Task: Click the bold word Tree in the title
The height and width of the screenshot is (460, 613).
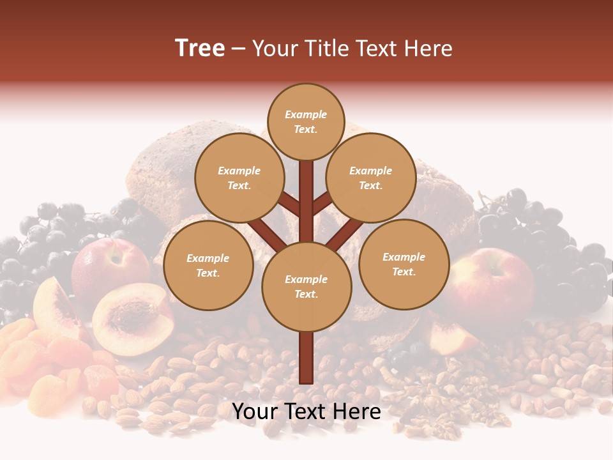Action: coord(200,49)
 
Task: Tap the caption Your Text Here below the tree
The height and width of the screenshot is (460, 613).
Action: coord(306,411)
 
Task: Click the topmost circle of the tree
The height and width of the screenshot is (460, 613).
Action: coord(306,121)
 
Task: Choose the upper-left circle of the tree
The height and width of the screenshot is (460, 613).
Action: coord(239,178)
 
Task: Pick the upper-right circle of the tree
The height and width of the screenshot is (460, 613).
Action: coord(370,178)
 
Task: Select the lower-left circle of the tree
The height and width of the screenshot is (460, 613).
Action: coord(208,265)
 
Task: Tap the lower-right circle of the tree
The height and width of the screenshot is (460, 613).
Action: coord(404,264)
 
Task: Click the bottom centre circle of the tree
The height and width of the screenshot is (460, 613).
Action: coord(306,286)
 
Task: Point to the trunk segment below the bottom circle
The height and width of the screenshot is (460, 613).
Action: coord(306,358)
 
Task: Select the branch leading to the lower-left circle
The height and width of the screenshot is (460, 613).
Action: coord(265,233)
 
